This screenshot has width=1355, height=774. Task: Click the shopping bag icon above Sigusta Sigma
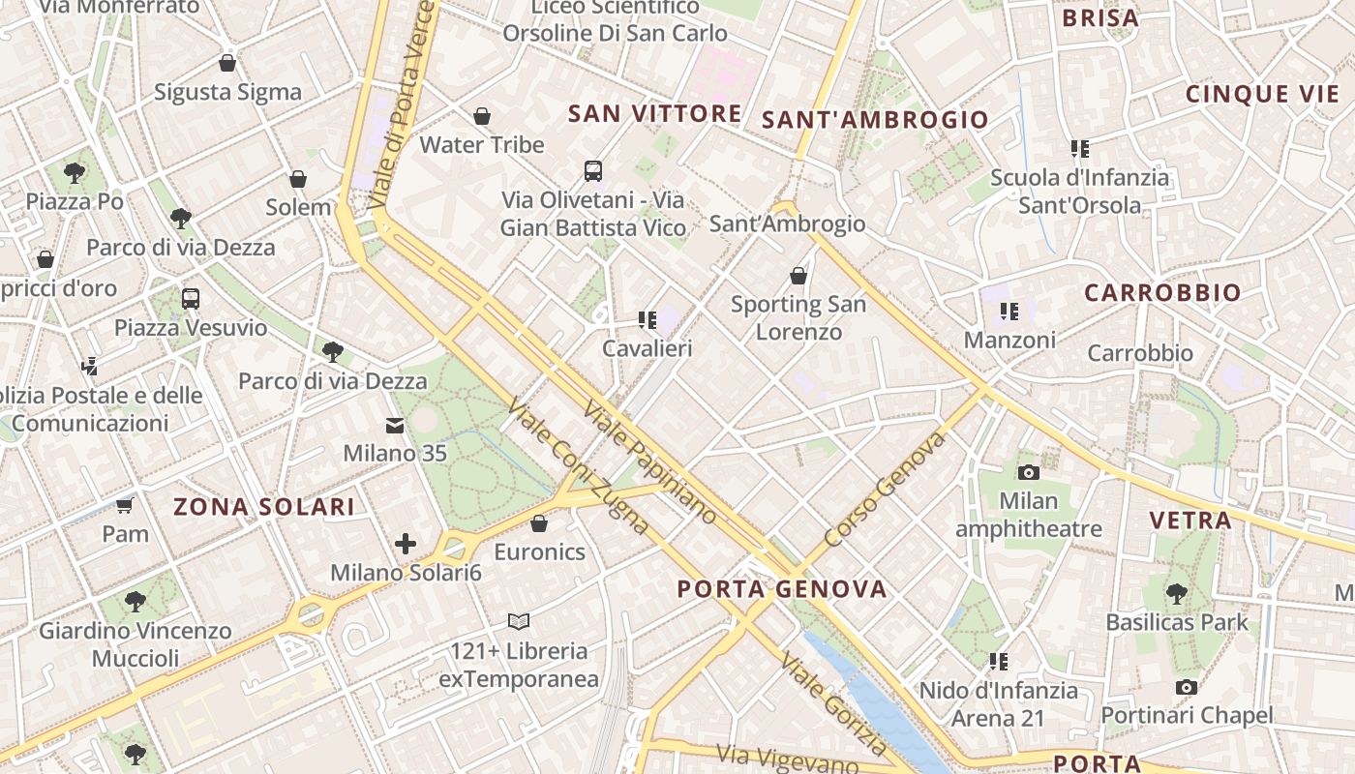pyautogui.click(x=227, y=63)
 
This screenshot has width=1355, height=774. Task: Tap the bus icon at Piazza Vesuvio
pyautogui.click(x=191, y=298)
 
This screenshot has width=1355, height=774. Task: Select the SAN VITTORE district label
pyautogui.click(x=654, y=113)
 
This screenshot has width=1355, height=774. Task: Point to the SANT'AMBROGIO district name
pyautogui.click(x=875, y=120)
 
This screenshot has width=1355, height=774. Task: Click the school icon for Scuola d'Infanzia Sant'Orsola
pyautogui.click(x=1080, y=149)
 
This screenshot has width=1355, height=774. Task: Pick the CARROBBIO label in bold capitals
pyautogui.click(x=1161, y=293)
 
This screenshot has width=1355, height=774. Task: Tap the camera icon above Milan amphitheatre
pyautogui.click(x=1029, y=472)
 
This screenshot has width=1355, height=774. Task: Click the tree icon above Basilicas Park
pyautogui.click(x=1177, y=593)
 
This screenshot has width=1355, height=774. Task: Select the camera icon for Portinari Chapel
pyautogui.click(x=1187, y=687)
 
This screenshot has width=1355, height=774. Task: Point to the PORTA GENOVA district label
pyautogui.click(x=781, y=589)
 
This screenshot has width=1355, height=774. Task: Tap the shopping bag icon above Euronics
pyautogui.click(x=539, y=523)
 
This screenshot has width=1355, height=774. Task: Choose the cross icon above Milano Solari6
pyautogui.click(x=406, y=544)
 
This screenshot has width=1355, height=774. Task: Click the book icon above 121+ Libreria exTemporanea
pyautogui.click(x=519, y=621)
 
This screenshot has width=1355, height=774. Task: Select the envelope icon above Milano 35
pyautogui.click(x=395, y=425)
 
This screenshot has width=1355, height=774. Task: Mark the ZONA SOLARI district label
pyautogui.click(x=263, y=506)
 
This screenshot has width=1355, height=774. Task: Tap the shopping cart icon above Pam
pyautogui.click(x=125, y=505)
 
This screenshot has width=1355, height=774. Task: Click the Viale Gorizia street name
pyautogui.click(x=833, y=704)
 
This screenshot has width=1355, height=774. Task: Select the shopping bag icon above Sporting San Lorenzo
pyautogui.click(x=798, y=276)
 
